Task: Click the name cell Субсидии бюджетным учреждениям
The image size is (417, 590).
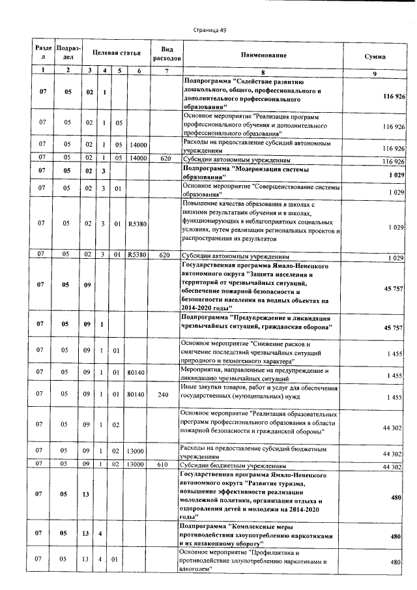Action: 232,467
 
